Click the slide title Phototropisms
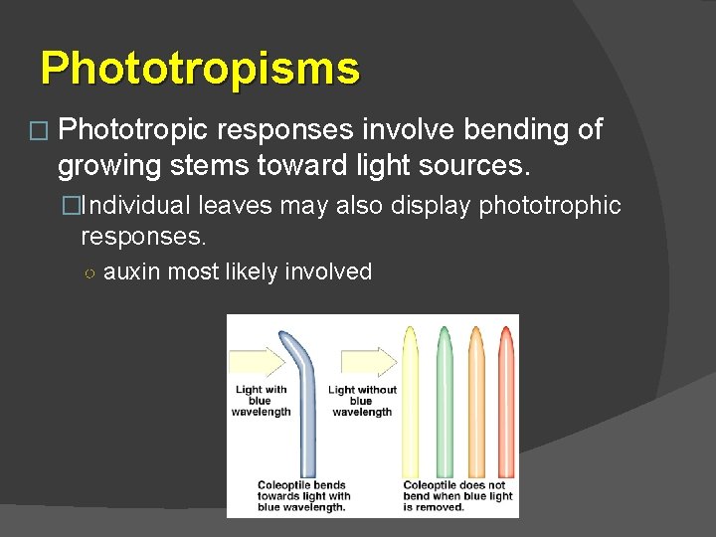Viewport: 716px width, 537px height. [x=200, y=69]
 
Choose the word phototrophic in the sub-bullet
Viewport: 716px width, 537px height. [x=550, y=206]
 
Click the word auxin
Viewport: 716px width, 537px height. [x=131, y=271]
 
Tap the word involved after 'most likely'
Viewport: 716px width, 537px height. [x=328, y=271]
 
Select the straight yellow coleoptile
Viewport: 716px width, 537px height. [x=410, y=398]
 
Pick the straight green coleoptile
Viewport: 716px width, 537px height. [x=444, y=398]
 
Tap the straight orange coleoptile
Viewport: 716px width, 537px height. [x=476, y=398]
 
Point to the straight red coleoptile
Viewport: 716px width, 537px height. [x=507, y=398]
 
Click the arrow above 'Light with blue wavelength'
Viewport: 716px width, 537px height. [x=257, y=361]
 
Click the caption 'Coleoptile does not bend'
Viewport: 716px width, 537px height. [x=457, y=496]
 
